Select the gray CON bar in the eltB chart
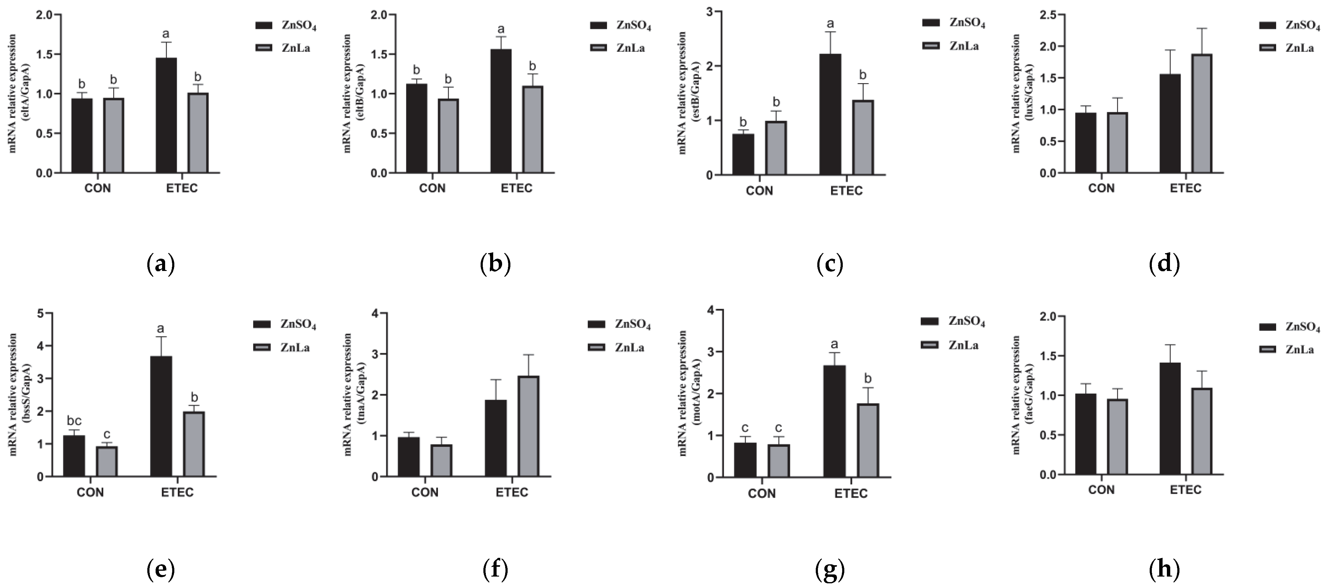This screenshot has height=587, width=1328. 448,136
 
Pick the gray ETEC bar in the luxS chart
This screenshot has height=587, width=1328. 1202,113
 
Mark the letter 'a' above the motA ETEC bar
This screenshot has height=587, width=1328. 834,344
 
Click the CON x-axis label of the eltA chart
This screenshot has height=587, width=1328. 97,188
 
